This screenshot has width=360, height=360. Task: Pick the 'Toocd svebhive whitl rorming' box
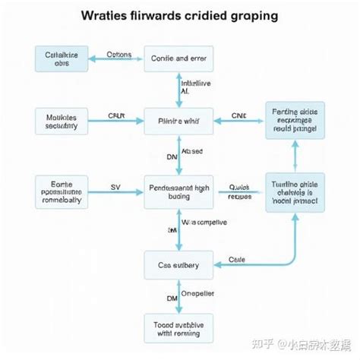point(179,327)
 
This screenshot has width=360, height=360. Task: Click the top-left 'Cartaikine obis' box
point(62,58)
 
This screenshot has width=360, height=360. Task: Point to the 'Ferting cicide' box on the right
point(293,120)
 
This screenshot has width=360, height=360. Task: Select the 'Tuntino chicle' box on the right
point(293,193)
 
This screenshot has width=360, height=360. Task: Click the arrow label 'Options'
point(118,55)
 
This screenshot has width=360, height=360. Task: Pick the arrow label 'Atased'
point(192,151)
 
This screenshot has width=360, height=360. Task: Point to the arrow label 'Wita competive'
point(204,223)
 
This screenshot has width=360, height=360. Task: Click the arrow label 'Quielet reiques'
point(239,192)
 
